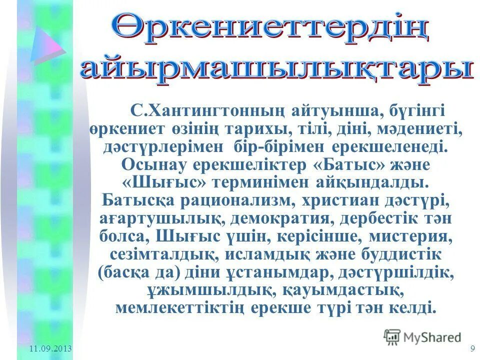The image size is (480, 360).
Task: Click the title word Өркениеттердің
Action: click(270, 27)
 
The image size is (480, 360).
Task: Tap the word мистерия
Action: click(414, 236)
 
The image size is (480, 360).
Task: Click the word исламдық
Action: click(275, 254)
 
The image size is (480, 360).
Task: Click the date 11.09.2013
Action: click(50, 348)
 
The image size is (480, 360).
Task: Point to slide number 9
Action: click(472, 348)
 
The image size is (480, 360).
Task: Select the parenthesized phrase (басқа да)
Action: click(138, 272)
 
